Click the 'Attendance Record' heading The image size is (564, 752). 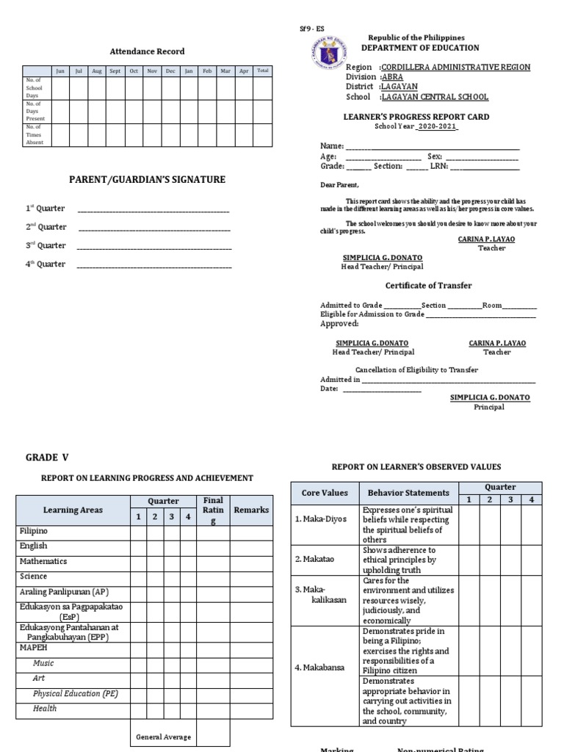147,51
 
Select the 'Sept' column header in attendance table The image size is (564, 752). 115,71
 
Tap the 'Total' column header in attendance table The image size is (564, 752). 263,71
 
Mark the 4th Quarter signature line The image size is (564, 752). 153,264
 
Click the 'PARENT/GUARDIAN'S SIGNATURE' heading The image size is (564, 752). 147,180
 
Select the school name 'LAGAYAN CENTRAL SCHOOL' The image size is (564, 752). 435,97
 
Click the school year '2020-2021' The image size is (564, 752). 437,126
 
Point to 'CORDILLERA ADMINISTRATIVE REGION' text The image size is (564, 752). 449,67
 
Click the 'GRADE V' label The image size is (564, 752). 47,457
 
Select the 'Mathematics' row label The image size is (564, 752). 43,561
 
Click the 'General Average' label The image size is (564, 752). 163,737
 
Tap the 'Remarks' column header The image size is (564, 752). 251,510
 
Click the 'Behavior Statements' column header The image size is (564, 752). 408,493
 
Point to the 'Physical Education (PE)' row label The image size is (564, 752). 76,693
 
